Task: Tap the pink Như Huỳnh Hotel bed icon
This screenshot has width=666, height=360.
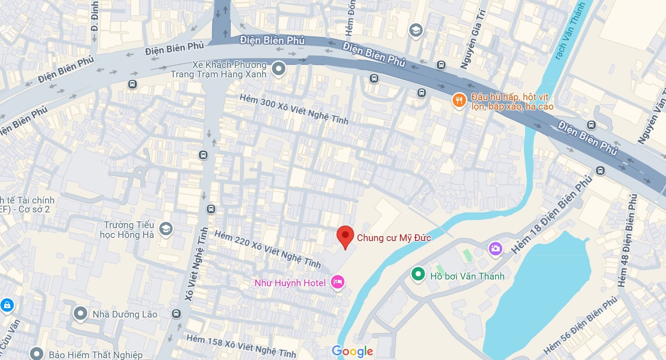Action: coord(337,282)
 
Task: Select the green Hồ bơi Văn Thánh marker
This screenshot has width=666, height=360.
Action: coord(418,274)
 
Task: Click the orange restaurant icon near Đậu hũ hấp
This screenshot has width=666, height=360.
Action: coord(459,101)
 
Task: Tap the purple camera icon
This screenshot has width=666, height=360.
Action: coord(495,248)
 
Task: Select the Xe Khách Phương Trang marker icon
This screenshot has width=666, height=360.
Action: coord(279,69)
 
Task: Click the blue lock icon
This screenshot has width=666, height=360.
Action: coord(7,305)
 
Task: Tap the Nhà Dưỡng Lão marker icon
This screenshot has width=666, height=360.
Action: coord(81,313)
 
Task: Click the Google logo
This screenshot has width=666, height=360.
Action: coord(352,352)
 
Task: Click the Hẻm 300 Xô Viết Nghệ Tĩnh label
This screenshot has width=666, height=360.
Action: coord(294,109)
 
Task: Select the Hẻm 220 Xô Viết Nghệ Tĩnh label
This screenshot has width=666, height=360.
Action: coord(267,249)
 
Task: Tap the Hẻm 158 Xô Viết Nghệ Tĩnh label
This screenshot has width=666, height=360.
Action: coord(241,347)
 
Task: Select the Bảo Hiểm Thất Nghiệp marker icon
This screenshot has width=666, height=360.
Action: coord(37,354)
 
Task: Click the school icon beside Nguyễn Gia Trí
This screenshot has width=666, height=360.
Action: coord(416,30)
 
